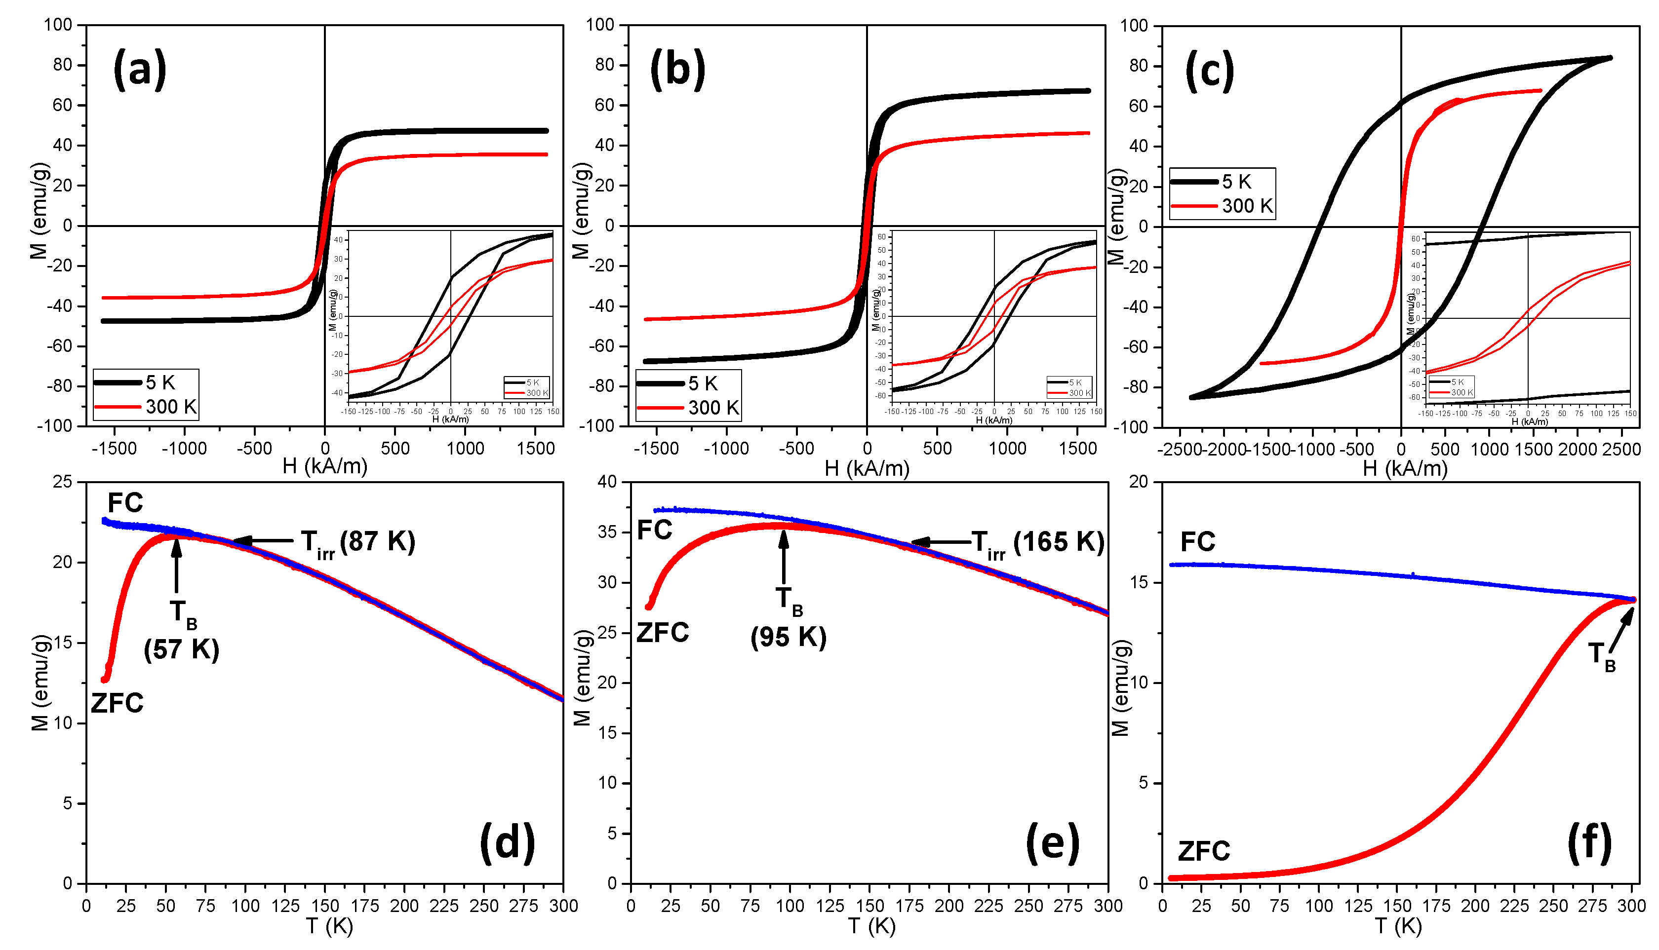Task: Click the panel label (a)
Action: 140,69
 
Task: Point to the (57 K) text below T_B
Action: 181,649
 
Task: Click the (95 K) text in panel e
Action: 789,637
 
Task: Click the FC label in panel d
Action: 124,503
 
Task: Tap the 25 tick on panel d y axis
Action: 63,482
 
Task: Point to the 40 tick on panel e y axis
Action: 607,482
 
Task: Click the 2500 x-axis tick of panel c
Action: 1621,450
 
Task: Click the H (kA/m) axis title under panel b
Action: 866,467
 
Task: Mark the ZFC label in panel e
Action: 663,633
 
